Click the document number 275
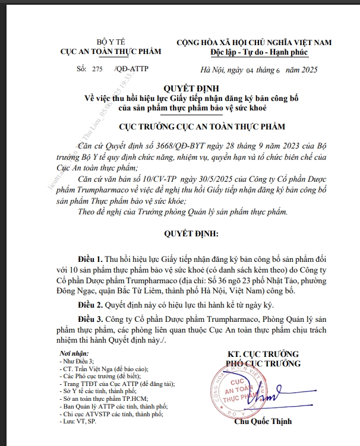tap(97, 69)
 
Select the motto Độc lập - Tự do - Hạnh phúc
tap(255, 52)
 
